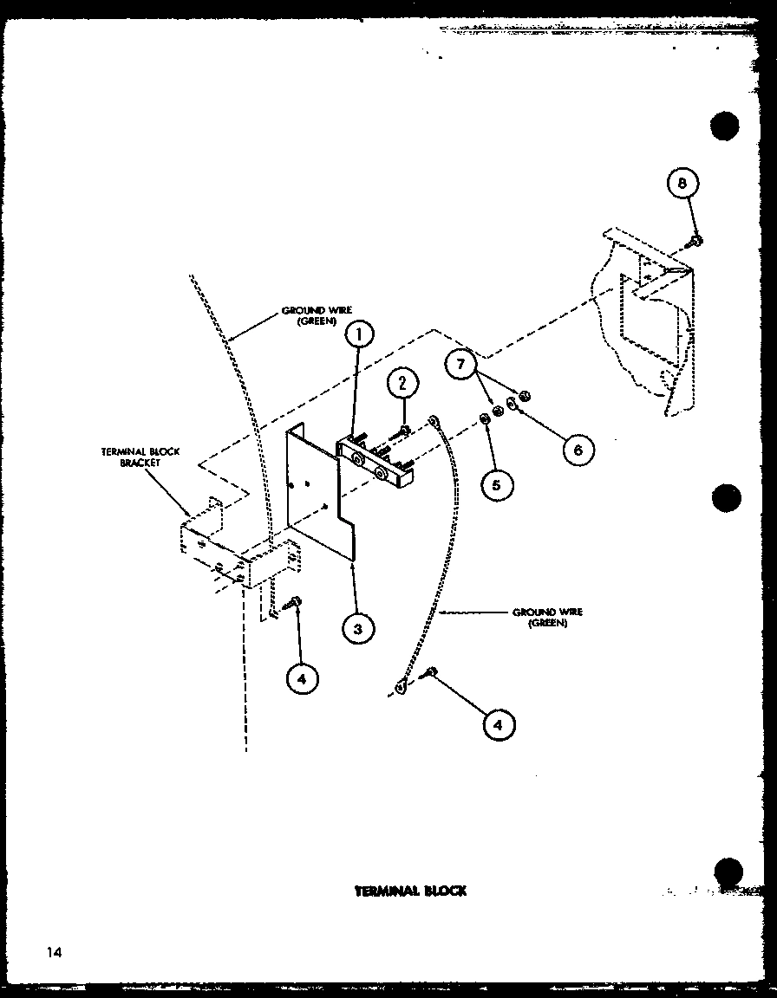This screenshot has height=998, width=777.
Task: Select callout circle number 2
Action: [402, 383]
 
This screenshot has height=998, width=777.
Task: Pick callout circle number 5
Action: [496, 483]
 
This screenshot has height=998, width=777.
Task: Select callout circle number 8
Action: [683, 184]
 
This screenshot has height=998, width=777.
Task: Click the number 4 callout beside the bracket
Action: [300, 679]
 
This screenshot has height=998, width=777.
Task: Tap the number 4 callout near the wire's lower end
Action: [496, 724]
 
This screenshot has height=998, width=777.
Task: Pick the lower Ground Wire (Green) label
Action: [547, 617]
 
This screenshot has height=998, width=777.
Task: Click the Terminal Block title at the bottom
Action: [410, 891]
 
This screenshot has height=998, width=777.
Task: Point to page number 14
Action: [55, 953]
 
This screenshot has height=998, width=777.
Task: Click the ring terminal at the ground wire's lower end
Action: [401, 688]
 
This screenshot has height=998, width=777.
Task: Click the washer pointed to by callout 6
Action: [513, 404]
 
